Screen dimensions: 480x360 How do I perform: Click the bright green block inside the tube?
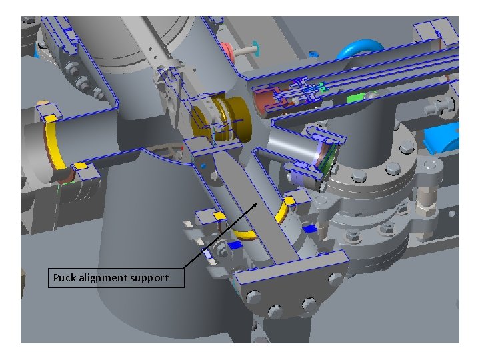(x=356, y=97)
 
